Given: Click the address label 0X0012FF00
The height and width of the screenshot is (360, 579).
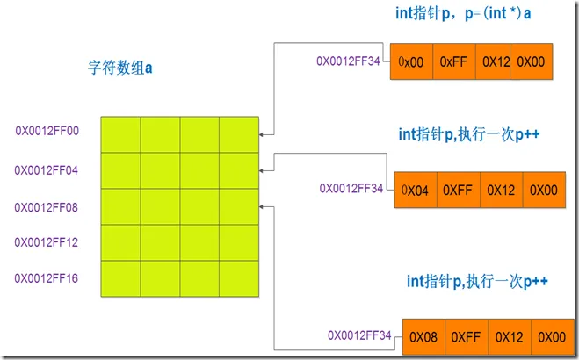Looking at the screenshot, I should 47,131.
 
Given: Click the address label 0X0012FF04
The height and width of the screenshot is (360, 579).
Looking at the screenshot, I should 47,169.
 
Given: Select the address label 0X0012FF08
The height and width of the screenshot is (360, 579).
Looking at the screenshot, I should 47,207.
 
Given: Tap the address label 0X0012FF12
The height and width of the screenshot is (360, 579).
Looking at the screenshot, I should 47,243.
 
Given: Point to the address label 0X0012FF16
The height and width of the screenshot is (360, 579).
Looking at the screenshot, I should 47,278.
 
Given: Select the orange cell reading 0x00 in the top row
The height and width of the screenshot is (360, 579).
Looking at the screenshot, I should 410,62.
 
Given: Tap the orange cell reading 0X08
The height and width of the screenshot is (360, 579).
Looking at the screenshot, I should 424,336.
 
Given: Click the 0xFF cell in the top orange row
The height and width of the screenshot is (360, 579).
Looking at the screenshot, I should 451,62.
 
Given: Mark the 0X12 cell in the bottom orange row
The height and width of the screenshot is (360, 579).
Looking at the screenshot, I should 510,336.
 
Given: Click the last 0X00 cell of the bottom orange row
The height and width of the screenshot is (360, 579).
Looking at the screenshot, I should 552,336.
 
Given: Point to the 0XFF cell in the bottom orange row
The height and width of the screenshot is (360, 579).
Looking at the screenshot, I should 467,336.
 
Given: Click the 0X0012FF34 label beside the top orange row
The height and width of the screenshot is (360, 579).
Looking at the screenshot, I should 349,62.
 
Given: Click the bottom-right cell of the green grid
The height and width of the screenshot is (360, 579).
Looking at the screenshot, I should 239,278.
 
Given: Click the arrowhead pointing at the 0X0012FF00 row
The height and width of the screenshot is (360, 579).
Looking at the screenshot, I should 263,134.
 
